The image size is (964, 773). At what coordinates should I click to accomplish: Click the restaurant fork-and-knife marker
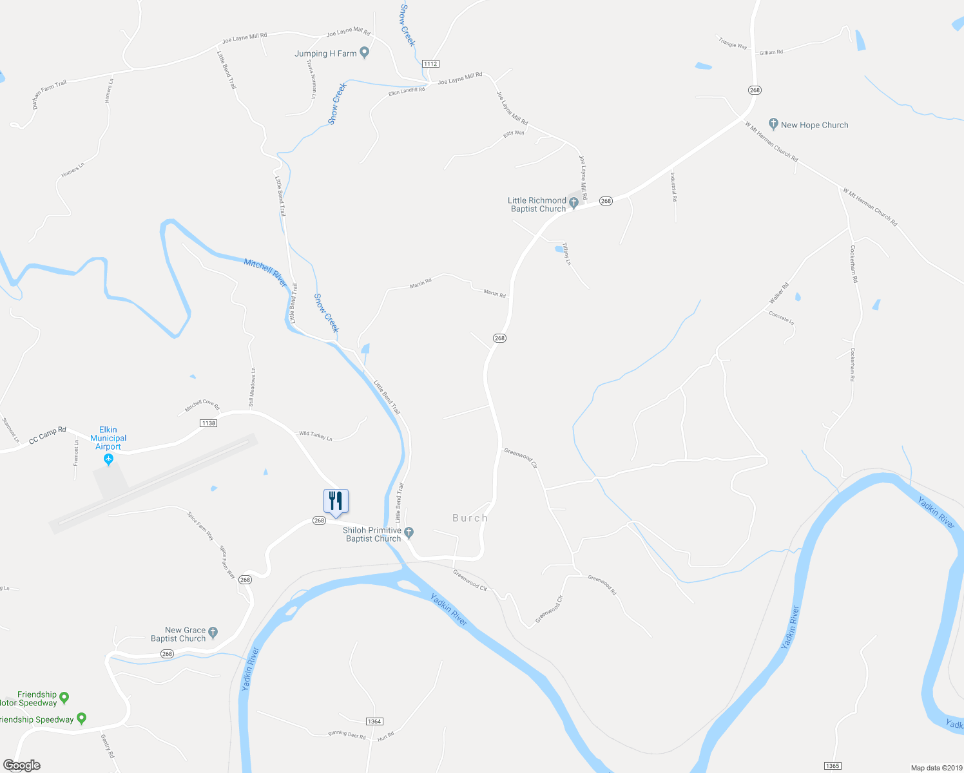pos(336,501)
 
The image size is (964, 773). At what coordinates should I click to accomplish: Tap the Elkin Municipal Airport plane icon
pos(108,459)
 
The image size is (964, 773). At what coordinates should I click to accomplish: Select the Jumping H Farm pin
pos(364,53)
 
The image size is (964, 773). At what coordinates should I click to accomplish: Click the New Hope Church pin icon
pos(773,124)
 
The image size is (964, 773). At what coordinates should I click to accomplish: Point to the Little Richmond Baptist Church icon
pos(574,204)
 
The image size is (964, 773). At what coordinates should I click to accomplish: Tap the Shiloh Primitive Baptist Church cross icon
pos(409,533)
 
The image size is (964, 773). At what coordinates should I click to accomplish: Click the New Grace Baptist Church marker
pos(213,633)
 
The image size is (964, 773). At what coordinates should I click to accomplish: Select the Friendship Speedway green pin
pos(81,718)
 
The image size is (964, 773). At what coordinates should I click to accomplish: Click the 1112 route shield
pos(430,64)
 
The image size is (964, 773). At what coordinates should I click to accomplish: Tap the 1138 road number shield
pos(208,423)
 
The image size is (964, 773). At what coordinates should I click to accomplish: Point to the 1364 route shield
pos(374,721)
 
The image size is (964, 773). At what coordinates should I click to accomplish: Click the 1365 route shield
pos(832,766)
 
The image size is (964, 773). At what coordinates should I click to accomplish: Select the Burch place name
pos(470,518)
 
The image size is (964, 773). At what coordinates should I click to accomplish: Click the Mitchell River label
pos(265,272)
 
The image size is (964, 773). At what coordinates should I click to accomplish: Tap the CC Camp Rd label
pos(48,435)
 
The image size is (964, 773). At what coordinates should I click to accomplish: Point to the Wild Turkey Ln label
pos(316,436)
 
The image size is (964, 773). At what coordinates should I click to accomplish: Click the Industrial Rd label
pos(673,187)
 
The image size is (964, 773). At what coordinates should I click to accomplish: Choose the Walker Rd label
pos(778,294)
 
